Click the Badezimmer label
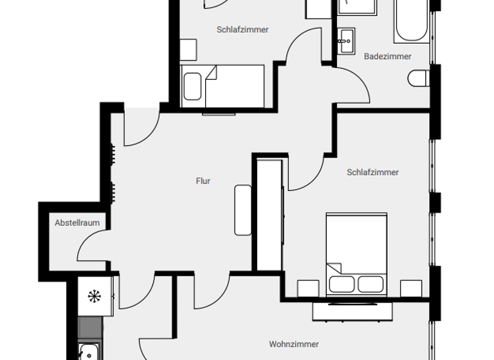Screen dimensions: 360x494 pyautogui.click(x=387, y=57)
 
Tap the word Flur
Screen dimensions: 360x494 pyautogui.click(x=203, y=181)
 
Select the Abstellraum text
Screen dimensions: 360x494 pyautogui.click(x=77, y=223)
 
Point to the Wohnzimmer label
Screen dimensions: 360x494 pyautogui.click(x=294, y=345)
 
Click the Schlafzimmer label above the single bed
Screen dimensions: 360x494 pyautogui.click(x=242, y=30)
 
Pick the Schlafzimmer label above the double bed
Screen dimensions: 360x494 pyautogui.click(x=372, y=172)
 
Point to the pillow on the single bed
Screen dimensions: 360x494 pyautogui.click(x=192, y=87)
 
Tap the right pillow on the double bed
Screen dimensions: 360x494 pyautogui.click(x=370, y=283)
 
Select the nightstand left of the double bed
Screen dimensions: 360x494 pyautogui.click(x=307, y=289)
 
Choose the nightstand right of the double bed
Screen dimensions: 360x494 pyautogui.click(x=411, y=289)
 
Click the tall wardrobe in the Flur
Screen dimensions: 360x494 pyautogui.click(x=270, y=215)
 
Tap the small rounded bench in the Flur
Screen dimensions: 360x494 pyautogui.click(x=243, y=210)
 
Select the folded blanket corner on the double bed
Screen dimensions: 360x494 pyautogui.click(x=334, y=267)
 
